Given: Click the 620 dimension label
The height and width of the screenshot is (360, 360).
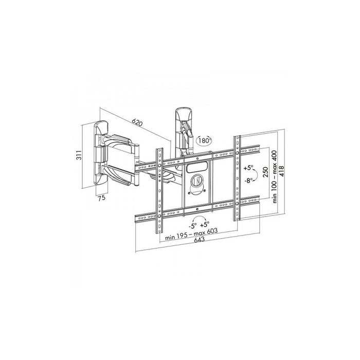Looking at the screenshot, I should (136, 123).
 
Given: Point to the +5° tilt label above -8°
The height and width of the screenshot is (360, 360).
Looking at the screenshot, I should (249, 168).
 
